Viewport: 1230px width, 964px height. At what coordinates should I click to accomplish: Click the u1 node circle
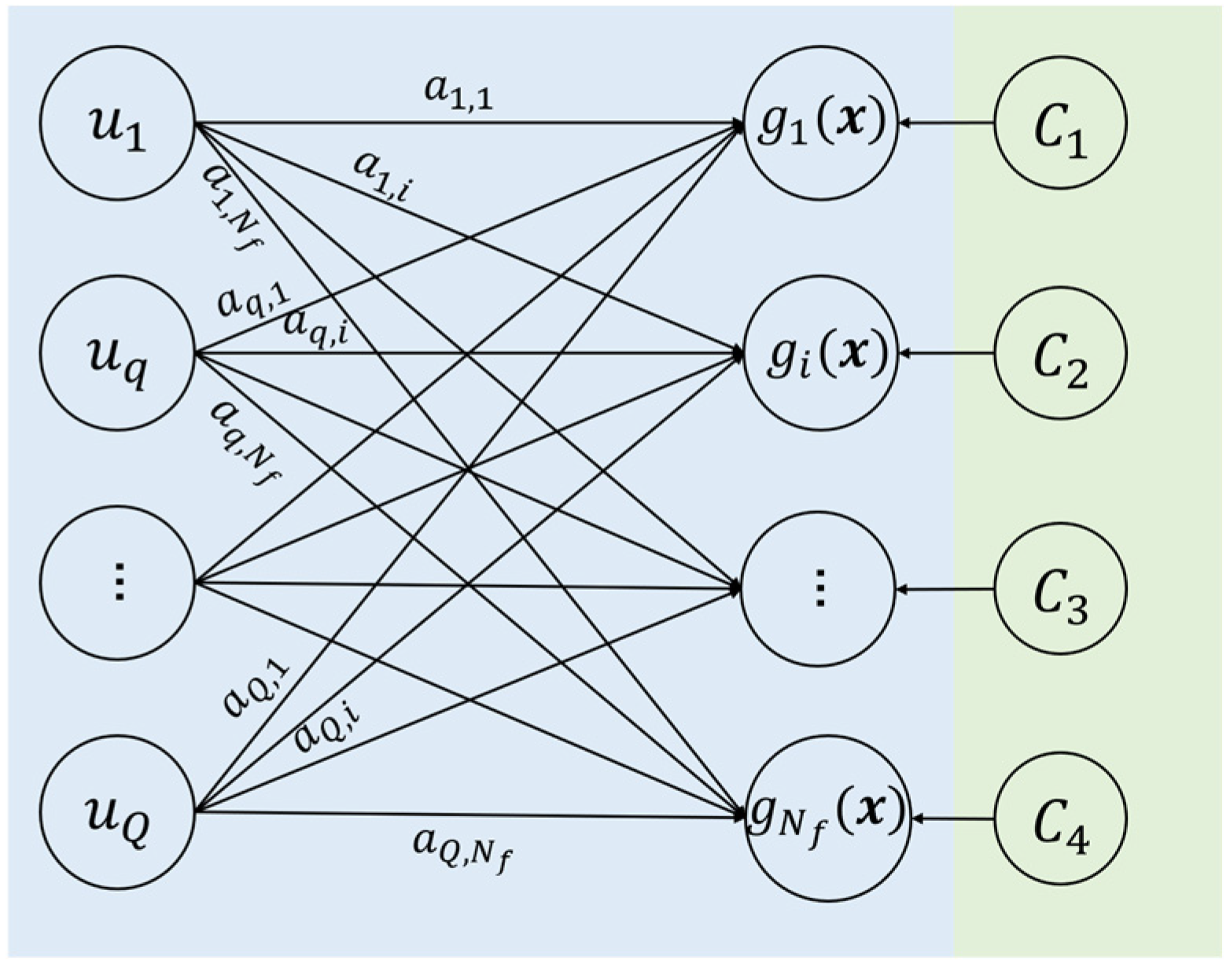(x=117, y=124)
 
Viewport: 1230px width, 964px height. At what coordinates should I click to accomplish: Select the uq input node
(x=117, y=354)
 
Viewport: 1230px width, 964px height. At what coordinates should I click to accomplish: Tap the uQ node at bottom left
(x=117, y=812)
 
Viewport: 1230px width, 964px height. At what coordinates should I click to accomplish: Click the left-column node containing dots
(x=117, y=583)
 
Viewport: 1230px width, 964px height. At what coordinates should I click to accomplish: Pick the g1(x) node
(x=819, y=123)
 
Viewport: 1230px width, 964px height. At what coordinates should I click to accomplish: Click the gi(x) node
(x=819, y=354)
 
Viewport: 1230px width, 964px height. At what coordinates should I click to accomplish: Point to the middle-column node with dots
(x=818, y=588)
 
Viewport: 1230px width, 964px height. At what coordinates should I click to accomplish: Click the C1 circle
(x=1060, y=123)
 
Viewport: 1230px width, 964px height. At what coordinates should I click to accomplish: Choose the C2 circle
(x=1060, y=354)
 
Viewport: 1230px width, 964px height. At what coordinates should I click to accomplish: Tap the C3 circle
(x=1060, y=589)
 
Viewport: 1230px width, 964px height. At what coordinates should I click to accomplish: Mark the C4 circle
(x=1060, y=819)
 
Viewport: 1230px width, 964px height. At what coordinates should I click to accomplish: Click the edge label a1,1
(x=458, y=93)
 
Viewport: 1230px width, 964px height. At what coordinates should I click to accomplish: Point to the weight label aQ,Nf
(x=461, y=849)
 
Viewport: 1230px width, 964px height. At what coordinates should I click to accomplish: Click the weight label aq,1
(x=254, y=300)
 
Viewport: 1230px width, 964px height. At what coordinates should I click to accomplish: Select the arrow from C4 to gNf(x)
(x=952, y=819)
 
